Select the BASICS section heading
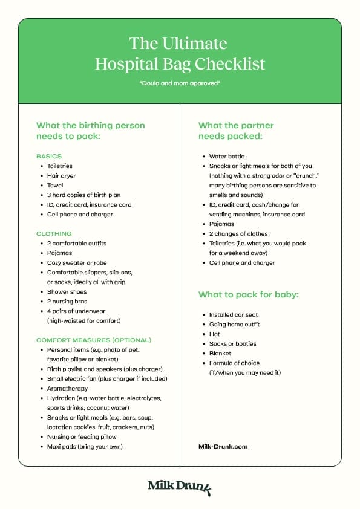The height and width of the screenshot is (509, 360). [49, 157]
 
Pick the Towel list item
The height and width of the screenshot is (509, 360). [55, 186]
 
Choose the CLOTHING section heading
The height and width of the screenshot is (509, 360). [54, 234]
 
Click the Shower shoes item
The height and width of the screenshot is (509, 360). [67, 292]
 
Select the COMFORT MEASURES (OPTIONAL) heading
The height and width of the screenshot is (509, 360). [94, 340]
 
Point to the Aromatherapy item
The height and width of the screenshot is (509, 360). [68, 389]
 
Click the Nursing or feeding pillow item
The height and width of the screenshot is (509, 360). [82, 437]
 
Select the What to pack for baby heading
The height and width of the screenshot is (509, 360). [249, 295]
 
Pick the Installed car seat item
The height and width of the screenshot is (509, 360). [234, 315]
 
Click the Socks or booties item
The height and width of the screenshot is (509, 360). [233, 344]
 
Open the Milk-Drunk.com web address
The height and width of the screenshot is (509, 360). [223, 447]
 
